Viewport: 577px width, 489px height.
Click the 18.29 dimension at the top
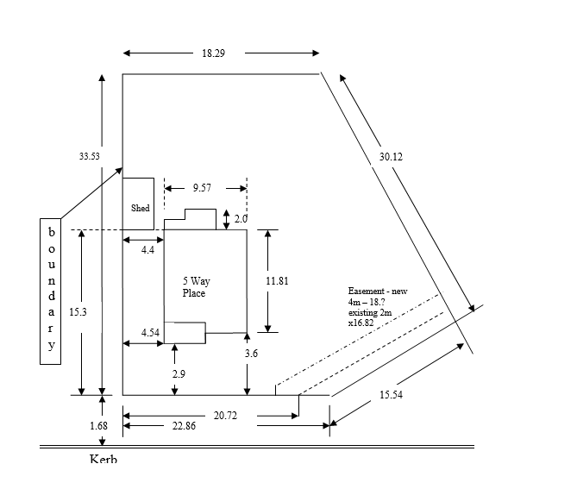click(x=214, y=53)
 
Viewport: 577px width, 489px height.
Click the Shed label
click(x=140, y=208)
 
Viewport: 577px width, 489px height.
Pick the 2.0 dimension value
click(x=241, y=219)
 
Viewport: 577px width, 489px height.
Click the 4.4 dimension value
click(x=147, y=250)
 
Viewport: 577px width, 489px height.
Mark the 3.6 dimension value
click(x=251, y=353)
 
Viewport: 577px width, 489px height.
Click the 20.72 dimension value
click(x=225, y=416)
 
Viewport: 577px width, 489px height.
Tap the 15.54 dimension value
click(x=391, y=395)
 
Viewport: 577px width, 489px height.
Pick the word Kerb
click(x=103, y=458)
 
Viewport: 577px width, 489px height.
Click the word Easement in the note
click(x=365, y=292)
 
